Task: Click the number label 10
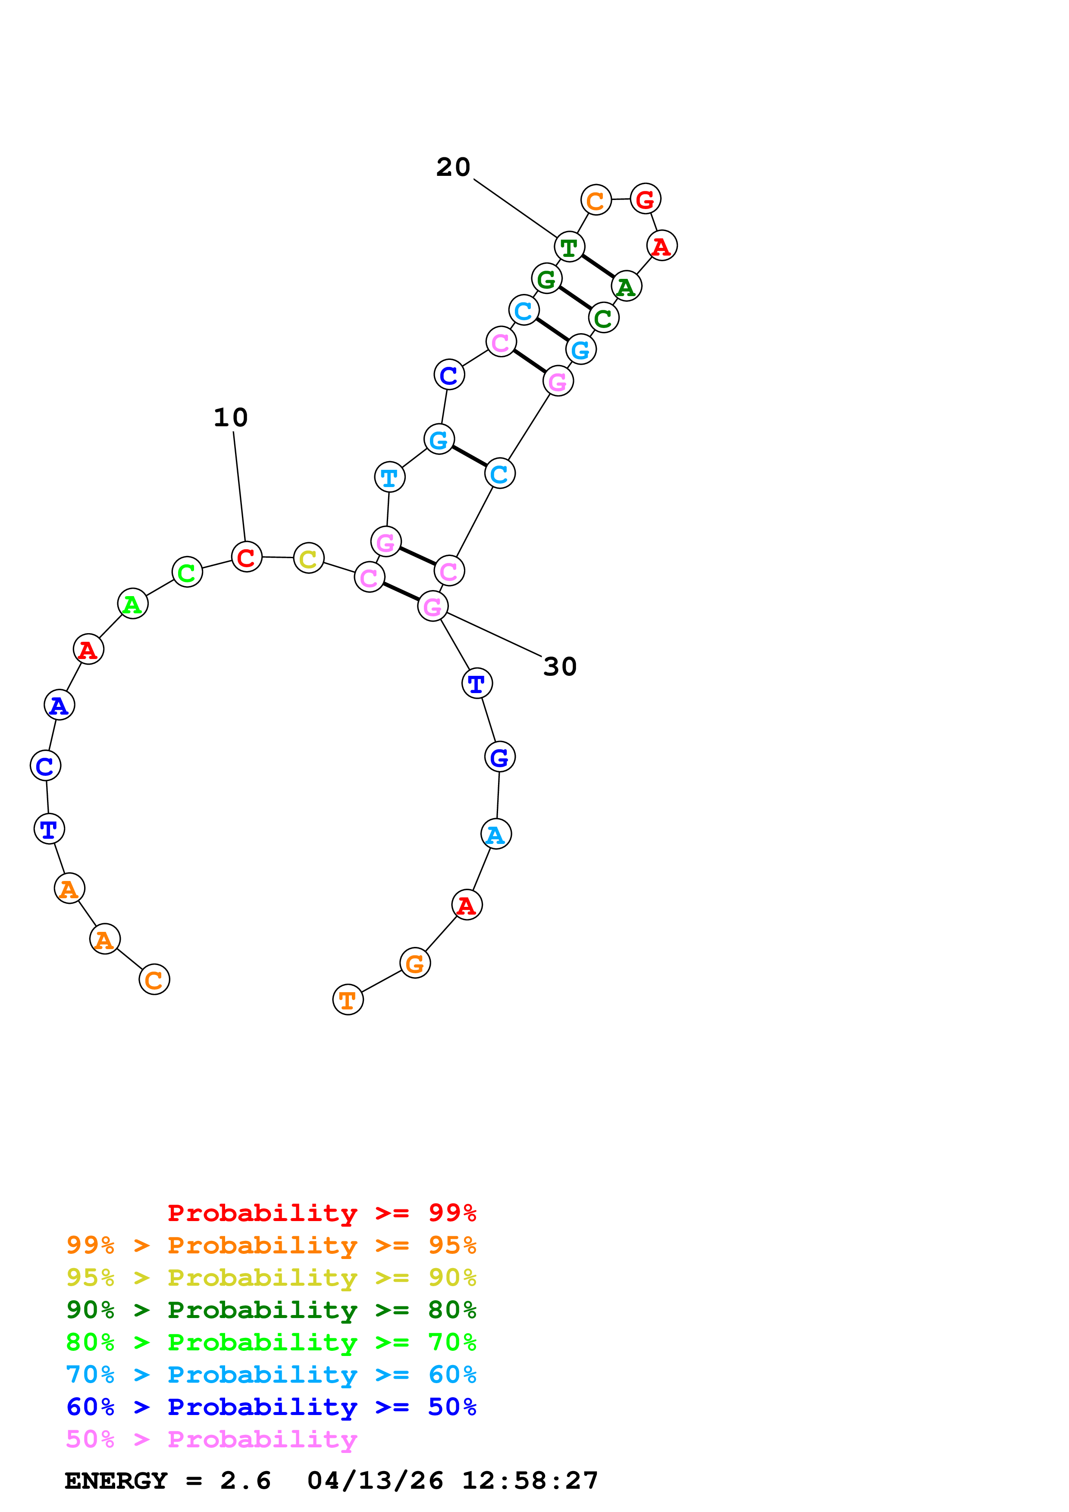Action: point(231,418)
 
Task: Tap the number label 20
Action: point(453,167)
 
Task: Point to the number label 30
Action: point(560,667)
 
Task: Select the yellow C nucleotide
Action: point(308,559)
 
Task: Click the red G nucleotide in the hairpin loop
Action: point(645,199)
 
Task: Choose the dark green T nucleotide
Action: point(569,247)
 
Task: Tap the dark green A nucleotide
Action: point(626,287)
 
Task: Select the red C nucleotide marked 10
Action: point(246,557)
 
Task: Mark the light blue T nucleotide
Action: point(389,478)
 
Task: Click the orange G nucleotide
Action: point(415,963)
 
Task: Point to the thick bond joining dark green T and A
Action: point(597,267)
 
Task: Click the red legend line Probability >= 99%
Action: point(321,1213)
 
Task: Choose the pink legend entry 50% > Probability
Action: point(211,1440)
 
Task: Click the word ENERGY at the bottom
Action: point(116,1481)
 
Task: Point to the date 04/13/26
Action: point(375,1481)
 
